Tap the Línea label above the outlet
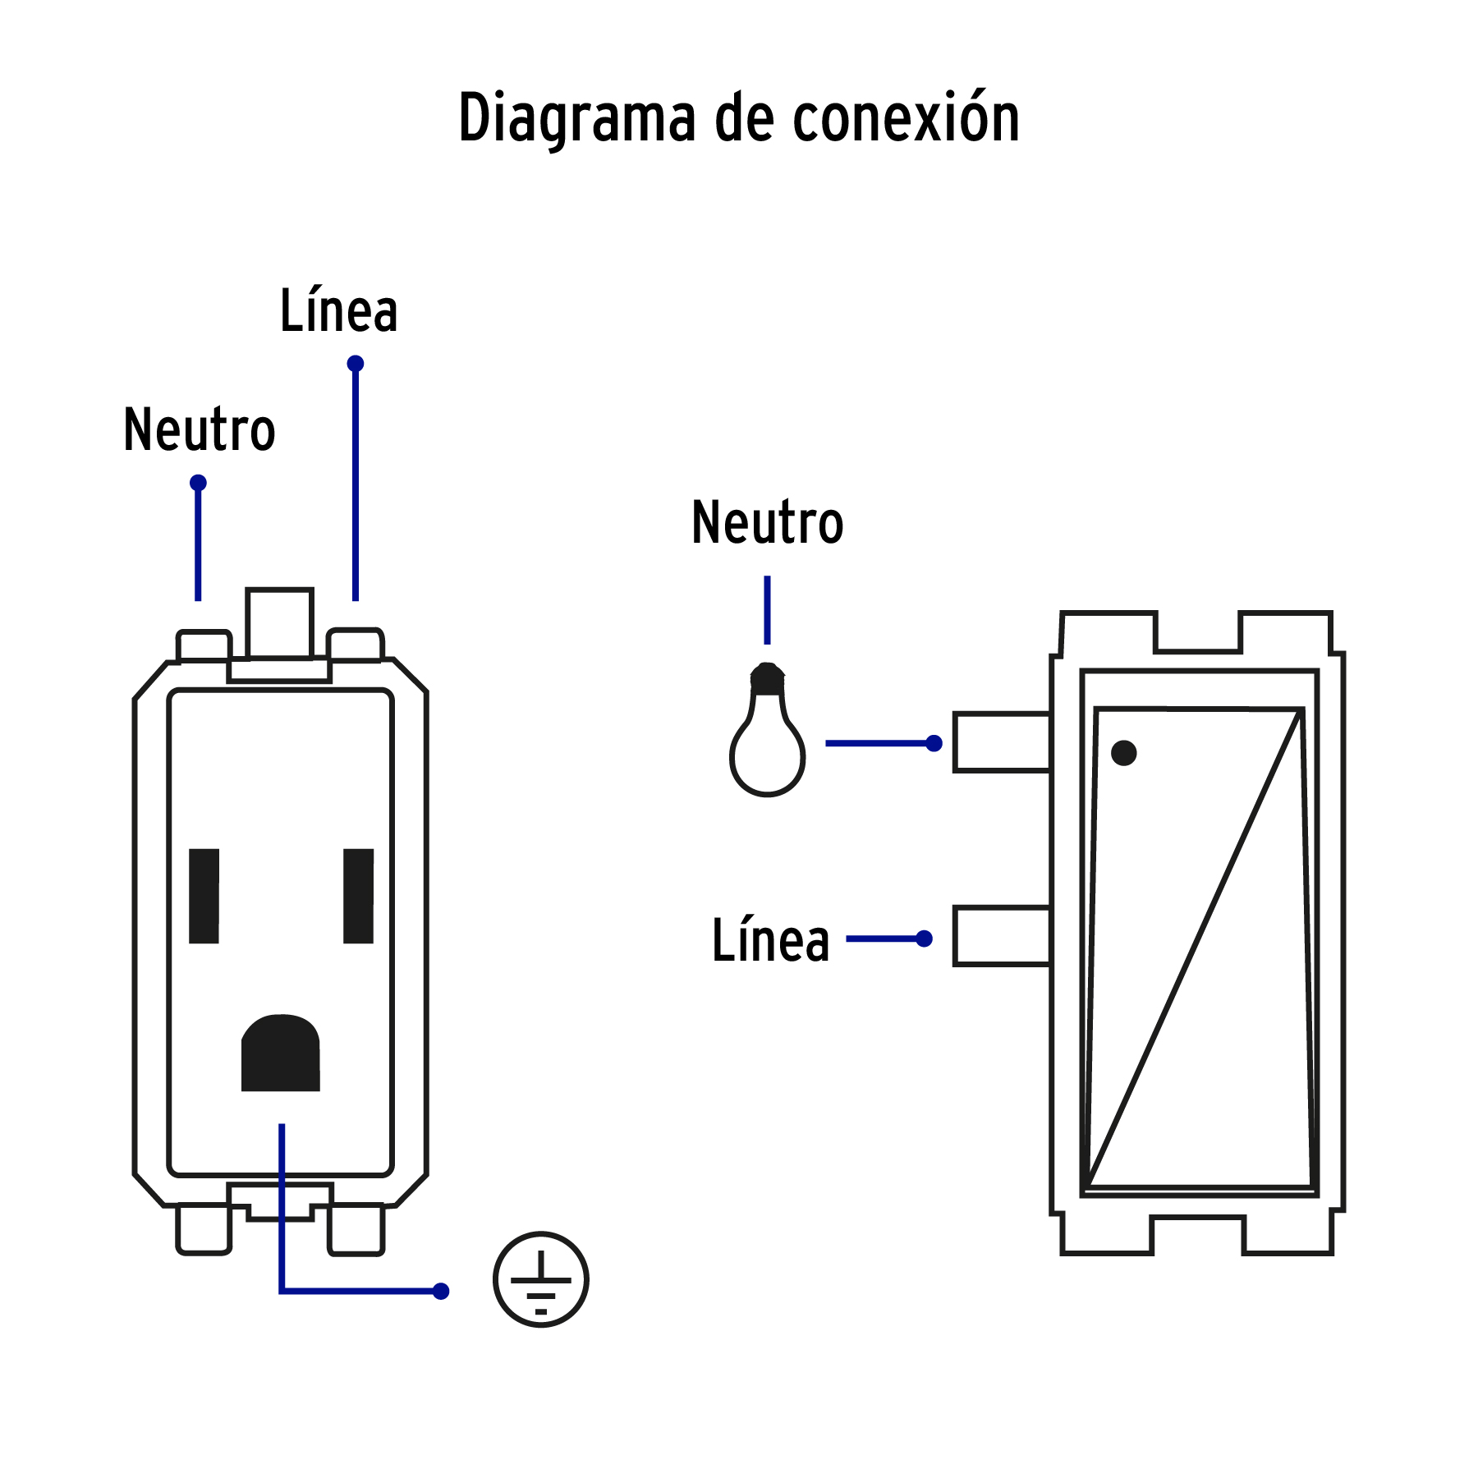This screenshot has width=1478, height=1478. [x=338, y=312]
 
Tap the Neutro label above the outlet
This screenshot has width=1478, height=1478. [x=199, y=430]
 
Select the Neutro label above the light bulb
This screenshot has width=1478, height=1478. [x=767, y=523]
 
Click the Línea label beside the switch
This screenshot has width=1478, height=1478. [x=770, y=940]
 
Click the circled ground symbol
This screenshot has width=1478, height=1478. [x=540, y=1279]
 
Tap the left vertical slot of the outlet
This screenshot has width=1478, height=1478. [x=204, y=896]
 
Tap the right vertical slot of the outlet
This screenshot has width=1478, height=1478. [x=358, y=896]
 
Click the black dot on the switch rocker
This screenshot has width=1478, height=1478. [x=1123, y=753]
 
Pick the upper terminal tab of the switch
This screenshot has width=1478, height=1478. [x=1002, y=742]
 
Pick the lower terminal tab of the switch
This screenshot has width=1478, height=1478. [x=1002, y=936]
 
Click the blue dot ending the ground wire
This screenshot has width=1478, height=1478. [x=441, y=1292]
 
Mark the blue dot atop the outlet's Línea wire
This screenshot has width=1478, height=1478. [x=356, y=364]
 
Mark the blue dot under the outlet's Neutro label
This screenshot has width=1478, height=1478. [x=198, y=483]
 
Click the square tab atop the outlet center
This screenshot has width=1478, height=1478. [x=279, y=624]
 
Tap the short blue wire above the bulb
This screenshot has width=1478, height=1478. [x=767, y=610]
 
